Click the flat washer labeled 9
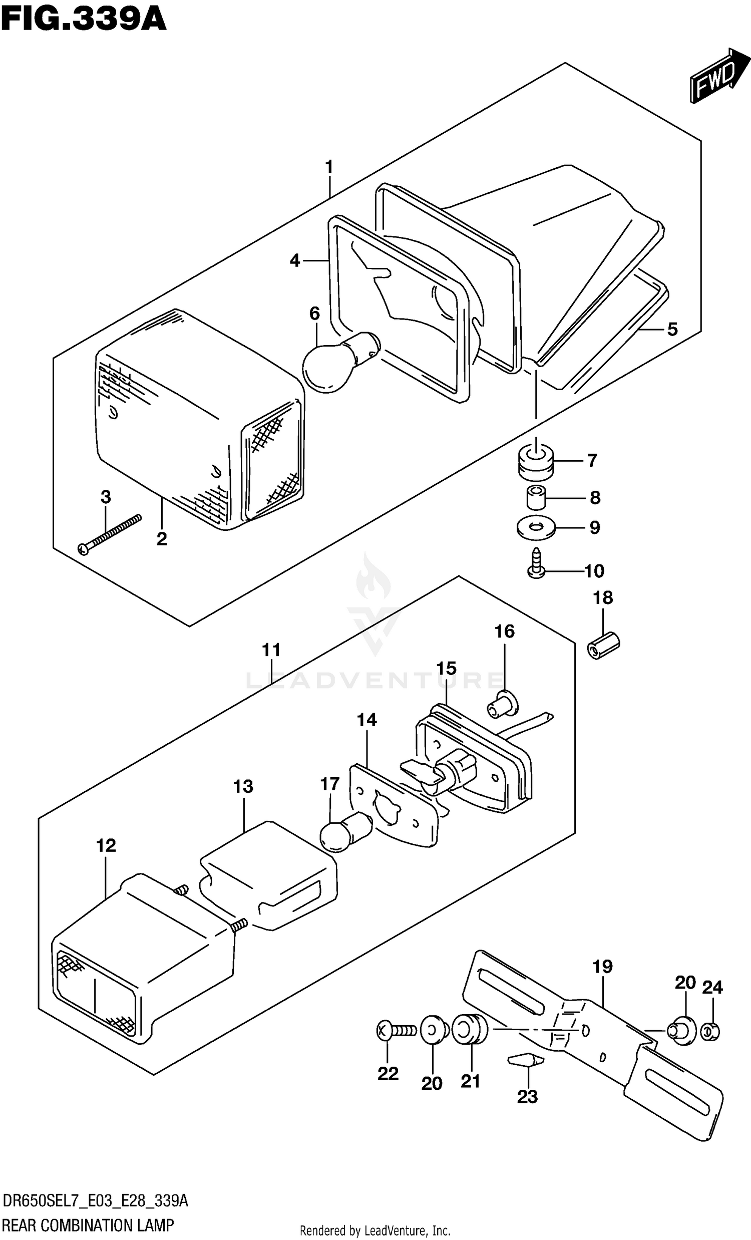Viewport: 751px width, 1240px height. (x=536, y=527)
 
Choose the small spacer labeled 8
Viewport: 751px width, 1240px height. (x=536, y=497)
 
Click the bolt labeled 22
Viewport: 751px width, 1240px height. (x=397, y=1031)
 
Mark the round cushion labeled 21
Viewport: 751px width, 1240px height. (x=470, y=1030)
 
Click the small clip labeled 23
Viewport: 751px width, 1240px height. (x=526, y=1060)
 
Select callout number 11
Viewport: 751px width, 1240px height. (x=271, y=650)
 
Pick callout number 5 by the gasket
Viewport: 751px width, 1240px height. (x=672, y=329)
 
